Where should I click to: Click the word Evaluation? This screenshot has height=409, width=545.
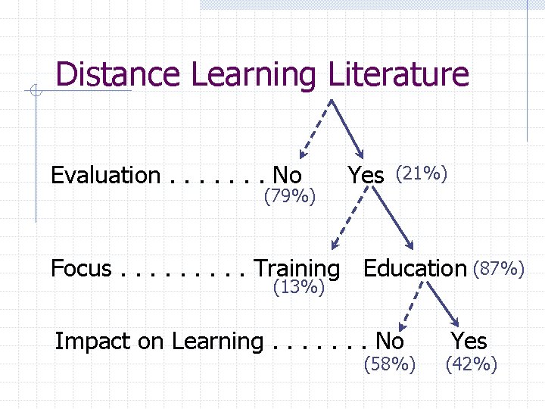105,176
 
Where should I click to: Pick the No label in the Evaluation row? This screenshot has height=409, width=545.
287,176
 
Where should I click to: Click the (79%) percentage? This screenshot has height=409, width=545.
289,198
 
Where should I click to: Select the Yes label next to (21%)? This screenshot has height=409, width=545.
366,176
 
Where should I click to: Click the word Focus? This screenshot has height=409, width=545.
81,269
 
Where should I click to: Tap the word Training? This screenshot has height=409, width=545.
297,270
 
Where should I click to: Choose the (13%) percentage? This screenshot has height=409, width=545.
299,287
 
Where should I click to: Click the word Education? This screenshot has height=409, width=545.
415,269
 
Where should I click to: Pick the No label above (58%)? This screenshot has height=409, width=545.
390,341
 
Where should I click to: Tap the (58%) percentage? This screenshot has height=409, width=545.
390,365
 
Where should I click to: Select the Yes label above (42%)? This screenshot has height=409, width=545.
469,341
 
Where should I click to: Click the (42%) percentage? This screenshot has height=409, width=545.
472,365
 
